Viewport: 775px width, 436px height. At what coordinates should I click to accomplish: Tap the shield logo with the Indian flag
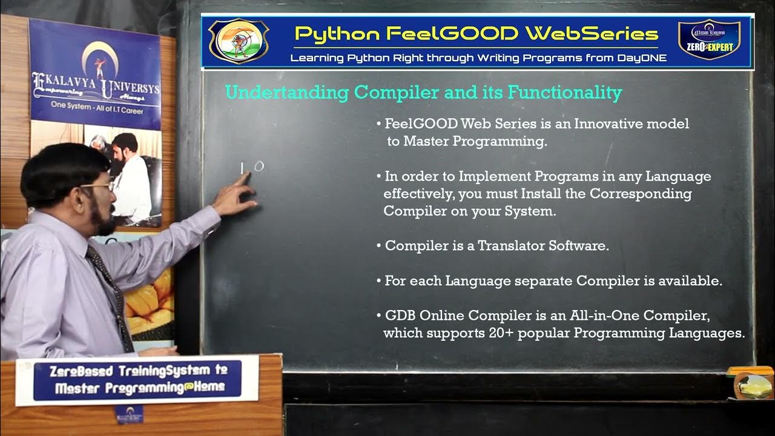pyautogui.click(x=238, y=41)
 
